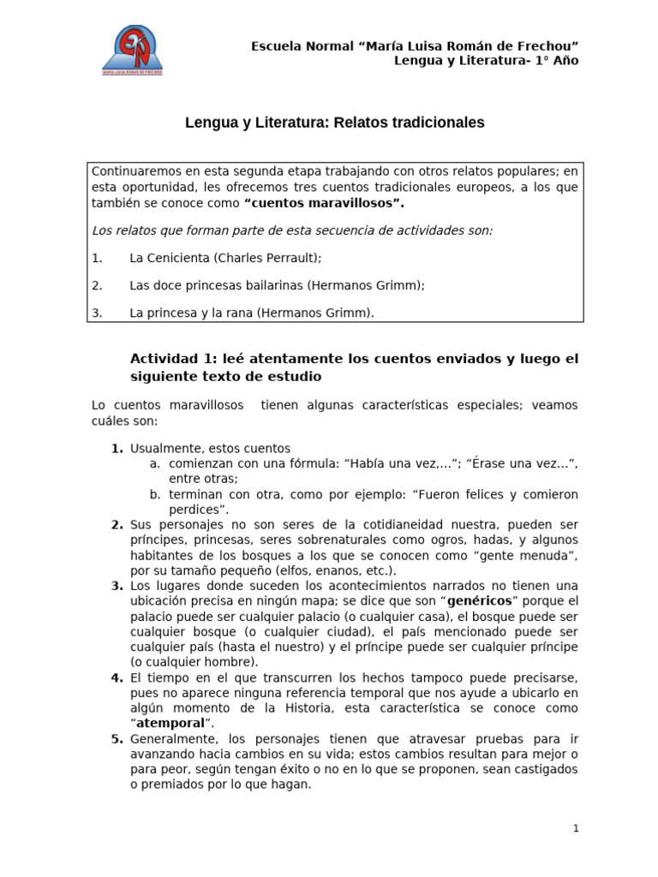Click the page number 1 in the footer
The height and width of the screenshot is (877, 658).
click(577, 828)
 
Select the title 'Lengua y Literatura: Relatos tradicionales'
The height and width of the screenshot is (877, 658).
click(335, 123)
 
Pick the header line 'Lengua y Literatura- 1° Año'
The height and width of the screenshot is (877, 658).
click(486, 60)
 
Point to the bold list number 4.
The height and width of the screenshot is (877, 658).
click(117, 677)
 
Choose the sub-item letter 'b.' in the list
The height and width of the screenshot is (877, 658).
click(155, 494)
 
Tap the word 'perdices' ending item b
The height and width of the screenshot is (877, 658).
click(193, 510)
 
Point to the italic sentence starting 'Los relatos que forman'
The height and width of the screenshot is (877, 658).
click(292, 230)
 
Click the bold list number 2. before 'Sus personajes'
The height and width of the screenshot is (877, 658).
click(117, 524)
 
